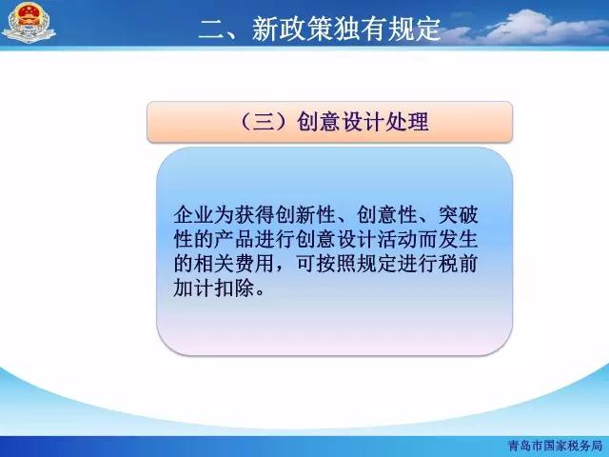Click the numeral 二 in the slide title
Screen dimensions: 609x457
pos(211,29)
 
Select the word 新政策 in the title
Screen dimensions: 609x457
pos(292,29)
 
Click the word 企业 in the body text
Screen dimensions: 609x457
pos(193,215)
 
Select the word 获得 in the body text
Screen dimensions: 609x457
pos(254,215)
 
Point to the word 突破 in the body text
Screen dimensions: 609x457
pos(458,215)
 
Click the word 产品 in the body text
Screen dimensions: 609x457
pos(234,239)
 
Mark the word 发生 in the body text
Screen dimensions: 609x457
pos(458,239)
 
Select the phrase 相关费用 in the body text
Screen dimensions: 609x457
pos(234,264)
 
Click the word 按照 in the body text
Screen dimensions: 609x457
pos(336,264)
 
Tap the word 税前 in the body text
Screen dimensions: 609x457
pos(458,264)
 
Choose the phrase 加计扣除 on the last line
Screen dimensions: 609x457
pos(214,288)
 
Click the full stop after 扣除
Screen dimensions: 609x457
pos(260,293)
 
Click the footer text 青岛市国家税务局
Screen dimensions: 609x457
pos(555,446)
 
